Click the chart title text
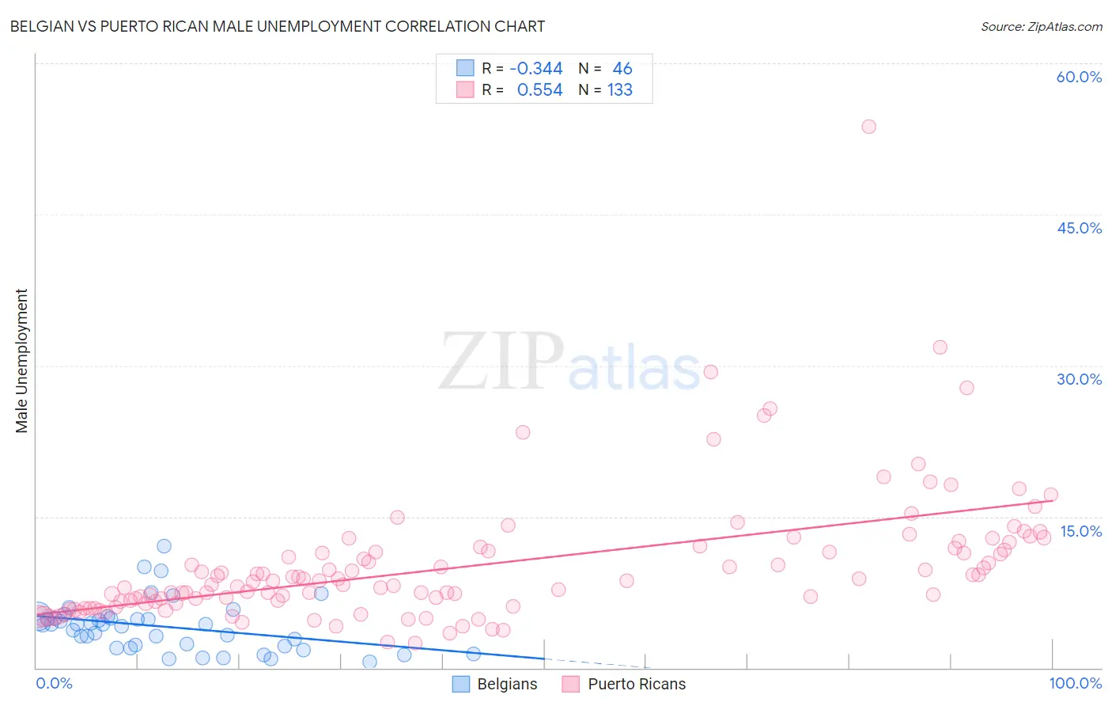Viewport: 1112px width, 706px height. click(x=277, y=26)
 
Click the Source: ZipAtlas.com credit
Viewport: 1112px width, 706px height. click(x=1041, y=27)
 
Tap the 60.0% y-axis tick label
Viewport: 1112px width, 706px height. click(x=1079, y=77)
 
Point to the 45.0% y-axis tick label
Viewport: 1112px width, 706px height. click(x=1079, y=228)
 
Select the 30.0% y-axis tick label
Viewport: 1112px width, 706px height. click(x=1079, y=379)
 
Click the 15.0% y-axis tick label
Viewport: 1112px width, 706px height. click(x=1080, y=531)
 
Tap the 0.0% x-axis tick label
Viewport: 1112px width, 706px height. click(x=54, y=684)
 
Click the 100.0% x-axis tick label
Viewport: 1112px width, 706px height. click(x=1075, y=684)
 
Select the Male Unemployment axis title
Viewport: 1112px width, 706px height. click(x=21, y=361)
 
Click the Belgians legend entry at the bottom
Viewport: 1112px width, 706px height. click(x=495, y=685)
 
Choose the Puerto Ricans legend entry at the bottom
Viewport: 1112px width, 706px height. click(x=624, y=685)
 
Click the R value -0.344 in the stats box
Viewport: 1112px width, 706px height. click(x=535, y=69)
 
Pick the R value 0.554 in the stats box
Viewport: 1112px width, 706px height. click(x=539, y=90)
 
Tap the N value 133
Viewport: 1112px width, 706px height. click(x=620, y=90)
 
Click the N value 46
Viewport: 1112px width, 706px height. click(x=622, y=69)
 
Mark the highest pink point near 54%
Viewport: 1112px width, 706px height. click(x=868, y=127)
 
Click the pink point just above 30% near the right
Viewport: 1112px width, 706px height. click(x=940, y=347)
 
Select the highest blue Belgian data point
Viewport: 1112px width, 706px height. click(x=164, y=546)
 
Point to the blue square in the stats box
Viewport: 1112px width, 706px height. click(x=465, y=69)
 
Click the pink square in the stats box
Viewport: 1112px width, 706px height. click(x=465, y=90)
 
